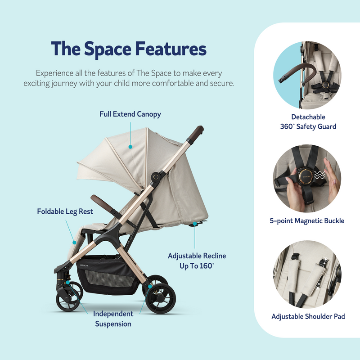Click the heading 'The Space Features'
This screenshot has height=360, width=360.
[129, 49]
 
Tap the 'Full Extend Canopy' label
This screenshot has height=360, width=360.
[130, 114]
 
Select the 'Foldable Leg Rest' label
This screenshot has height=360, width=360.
[66, 211]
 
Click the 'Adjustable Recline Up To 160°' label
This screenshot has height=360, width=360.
[197, 261]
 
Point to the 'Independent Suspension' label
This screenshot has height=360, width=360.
[113, 319]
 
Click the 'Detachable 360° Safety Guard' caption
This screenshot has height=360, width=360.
[308, 122]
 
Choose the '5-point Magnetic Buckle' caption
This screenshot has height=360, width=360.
[308, 221]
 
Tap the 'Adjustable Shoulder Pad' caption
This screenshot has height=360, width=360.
[308, 316]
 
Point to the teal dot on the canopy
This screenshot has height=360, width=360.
[130, 146]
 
